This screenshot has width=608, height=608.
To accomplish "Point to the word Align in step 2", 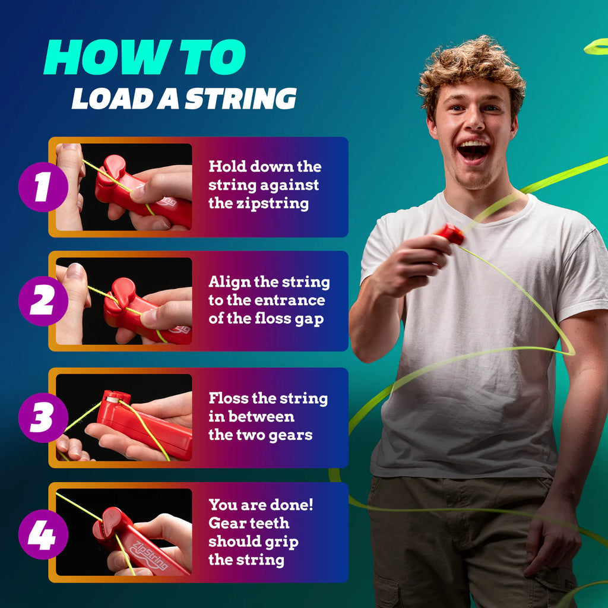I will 227,282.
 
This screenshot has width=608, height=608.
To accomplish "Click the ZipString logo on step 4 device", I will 149,555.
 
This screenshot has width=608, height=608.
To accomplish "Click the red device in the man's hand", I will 451,234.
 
